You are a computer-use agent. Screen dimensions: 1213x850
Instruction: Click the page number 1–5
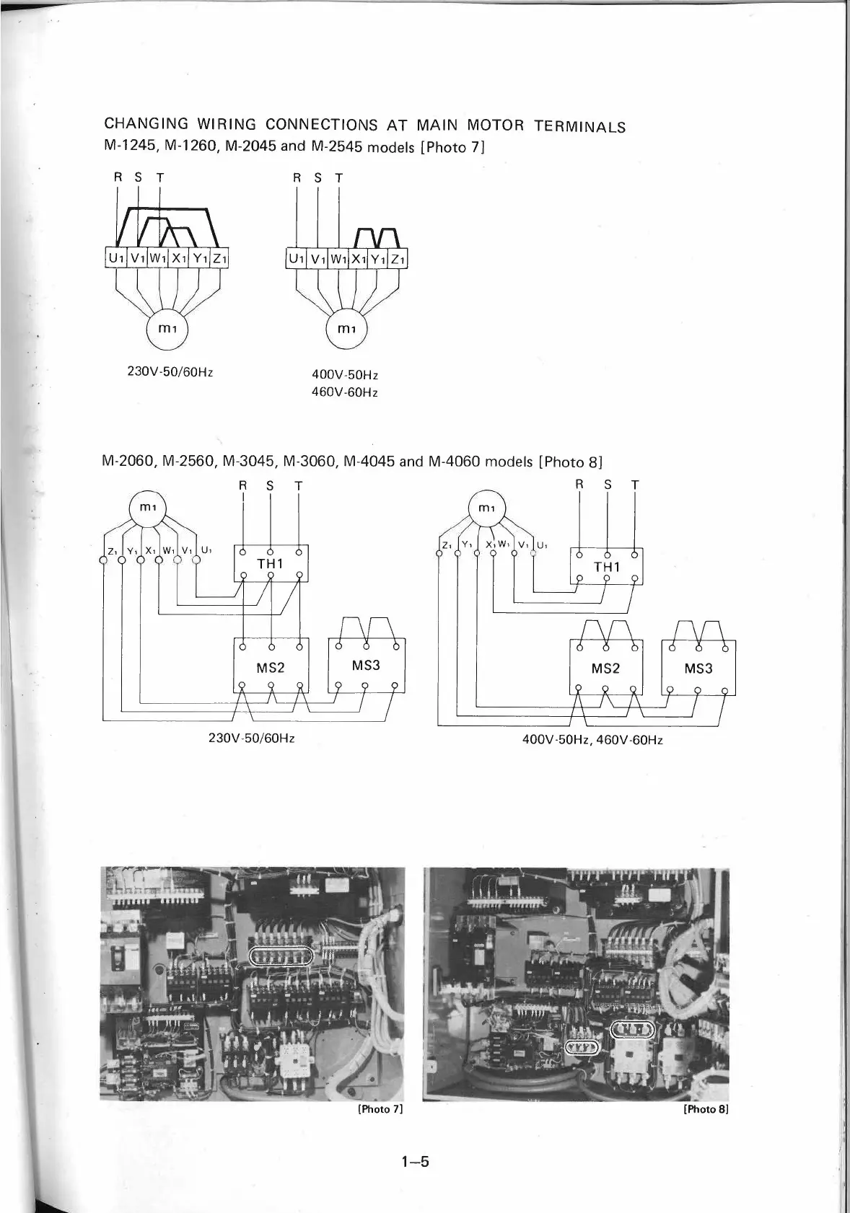pyautogui.click(x=416, y=1161)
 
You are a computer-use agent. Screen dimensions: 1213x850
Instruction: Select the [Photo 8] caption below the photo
pyautogui.click(x=706, y=1109)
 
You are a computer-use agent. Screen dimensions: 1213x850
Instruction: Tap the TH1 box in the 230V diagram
pyautogui.click(x=271, y=563)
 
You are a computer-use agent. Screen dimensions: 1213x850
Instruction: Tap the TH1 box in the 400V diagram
pyautogui.click(x=606, y=567)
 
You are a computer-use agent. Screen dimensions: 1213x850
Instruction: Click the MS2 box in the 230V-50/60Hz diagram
pyautogui.click(x=271, y=667)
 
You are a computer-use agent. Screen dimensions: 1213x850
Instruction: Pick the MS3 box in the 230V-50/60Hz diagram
pyautogui.click(x=367, y=666)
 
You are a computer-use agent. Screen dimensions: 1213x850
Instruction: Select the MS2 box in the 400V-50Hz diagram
pyautogui.click(x=606, y=668)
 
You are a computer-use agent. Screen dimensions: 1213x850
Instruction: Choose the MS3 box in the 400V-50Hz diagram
pyautogui.click(x=698, y=668)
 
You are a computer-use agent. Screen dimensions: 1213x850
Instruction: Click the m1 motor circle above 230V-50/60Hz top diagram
pyautogui.click(x=167, y=329)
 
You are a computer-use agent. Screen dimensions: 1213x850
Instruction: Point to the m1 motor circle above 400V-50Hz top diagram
pyautogui.click(x=347, y=329)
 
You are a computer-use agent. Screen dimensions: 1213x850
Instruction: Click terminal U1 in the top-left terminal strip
pyautogui.click(x=116, y=257)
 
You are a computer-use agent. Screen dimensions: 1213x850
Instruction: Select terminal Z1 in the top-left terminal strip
pyautogui.click(x=220, y=257)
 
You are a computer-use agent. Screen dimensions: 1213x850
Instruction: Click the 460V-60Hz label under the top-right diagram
pyautogui.click(x=345, y=392)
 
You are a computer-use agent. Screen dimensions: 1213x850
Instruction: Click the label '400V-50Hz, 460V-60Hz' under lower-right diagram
pyautogui.click(x=592, y=740)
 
